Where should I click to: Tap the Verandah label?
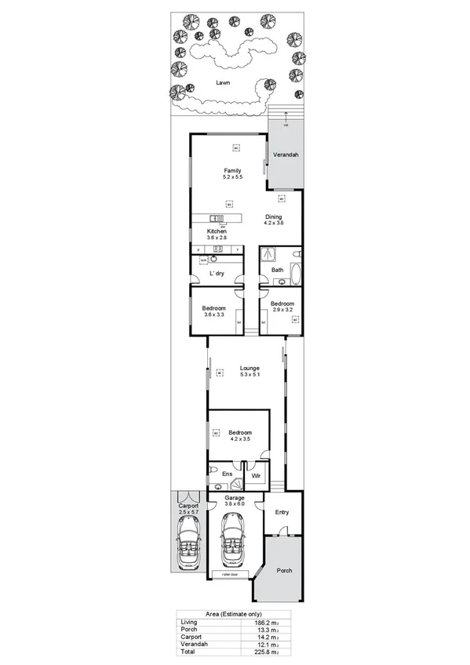(286, 155)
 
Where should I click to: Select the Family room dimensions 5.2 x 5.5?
(233, 178)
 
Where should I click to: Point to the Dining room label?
(273, 216)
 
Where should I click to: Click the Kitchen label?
(217, 231)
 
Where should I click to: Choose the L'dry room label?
(217, 273)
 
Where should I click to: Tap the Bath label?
(278, 270)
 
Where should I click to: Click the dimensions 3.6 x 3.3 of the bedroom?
(214, 314)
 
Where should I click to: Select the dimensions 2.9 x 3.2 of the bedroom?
(282, 310)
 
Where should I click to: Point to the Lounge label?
(250, 368)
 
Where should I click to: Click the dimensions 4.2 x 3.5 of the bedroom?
(240, 440)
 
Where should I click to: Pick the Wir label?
(255, 474)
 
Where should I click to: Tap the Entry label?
(282, 513)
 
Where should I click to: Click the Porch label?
(283, 570)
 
